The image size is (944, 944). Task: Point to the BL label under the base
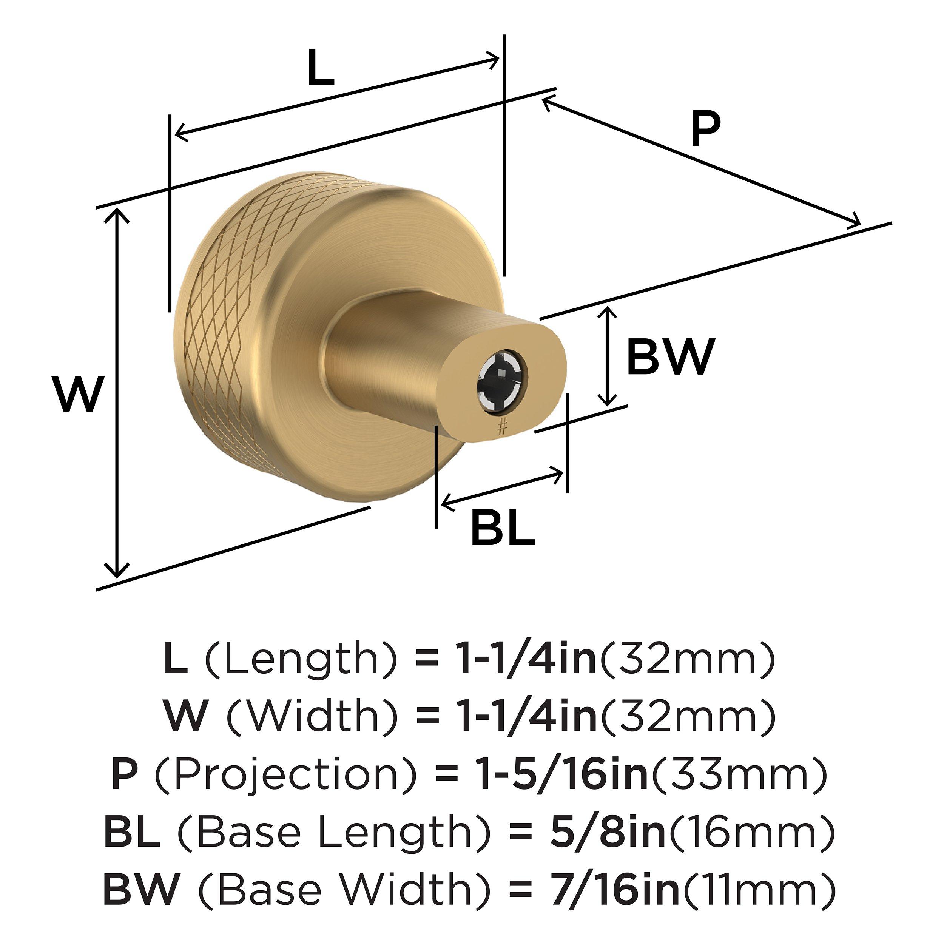pyautogui.click(x=502, y=529)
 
